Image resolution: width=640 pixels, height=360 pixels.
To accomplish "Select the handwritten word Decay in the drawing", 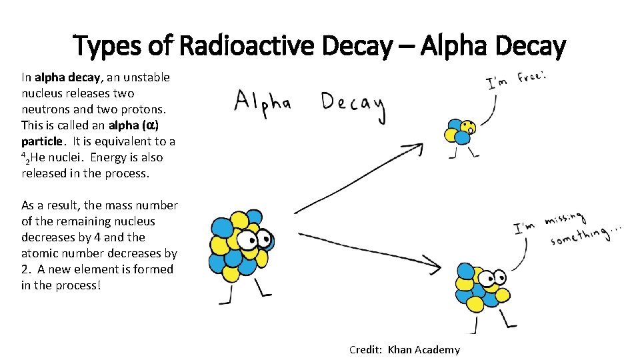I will point(353,105).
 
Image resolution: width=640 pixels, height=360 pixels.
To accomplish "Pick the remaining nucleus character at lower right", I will point(479,287).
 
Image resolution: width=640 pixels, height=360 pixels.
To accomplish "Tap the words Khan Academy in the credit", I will point(424,350).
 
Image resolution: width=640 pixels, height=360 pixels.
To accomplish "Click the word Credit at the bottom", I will point(365,350).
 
